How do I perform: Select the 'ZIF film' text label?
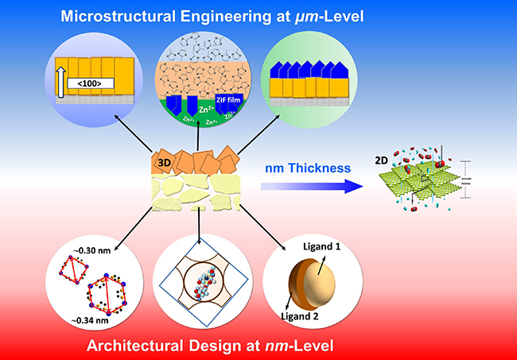(x=227, y=102)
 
